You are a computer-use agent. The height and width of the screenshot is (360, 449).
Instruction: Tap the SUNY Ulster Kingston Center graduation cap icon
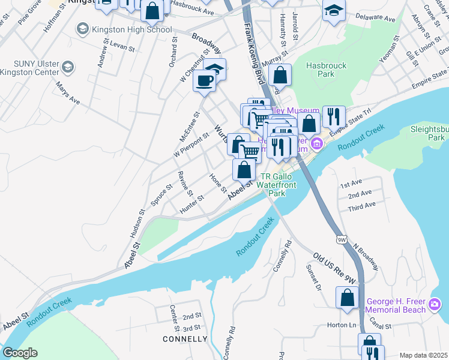pos(68,67)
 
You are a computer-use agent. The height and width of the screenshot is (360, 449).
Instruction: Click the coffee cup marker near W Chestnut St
pos(204,81)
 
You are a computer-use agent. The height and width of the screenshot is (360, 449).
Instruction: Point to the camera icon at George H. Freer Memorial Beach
pos(434,307)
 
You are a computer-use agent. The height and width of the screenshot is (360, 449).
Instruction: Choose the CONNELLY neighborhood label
pos(185,339)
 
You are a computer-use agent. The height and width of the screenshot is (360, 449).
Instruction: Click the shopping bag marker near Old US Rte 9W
pos(348,298)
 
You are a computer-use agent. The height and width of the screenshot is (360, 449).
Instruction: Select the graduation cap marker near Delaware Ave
pos(334,10)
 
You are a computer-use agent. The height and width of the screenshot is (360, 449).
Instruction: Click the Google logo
pos(20,353)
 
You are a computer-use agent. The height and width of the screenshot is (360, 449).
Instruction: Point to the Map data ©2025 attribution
pos(423,355)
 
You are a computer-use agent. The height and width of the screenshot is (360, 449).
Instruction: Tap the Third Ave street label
pos(362,205)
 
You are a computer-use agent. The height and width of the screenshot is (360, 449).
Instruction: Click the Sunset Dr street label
pos(315,276)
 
